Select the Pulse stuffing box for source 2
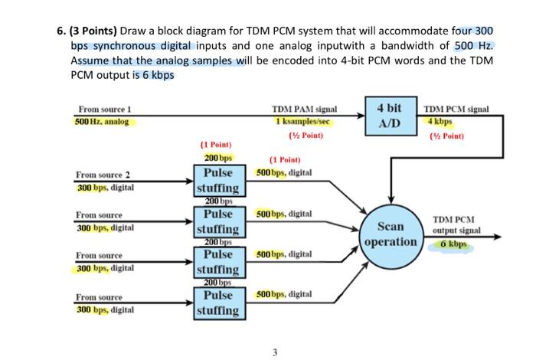point(218,180)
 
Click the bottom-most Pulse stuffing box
point(218,302)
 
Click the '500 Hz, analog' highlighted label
point(103,122)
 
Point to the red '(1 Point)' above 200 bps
point(215,143)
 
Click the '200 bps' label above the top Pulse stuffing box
point(215,157)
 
